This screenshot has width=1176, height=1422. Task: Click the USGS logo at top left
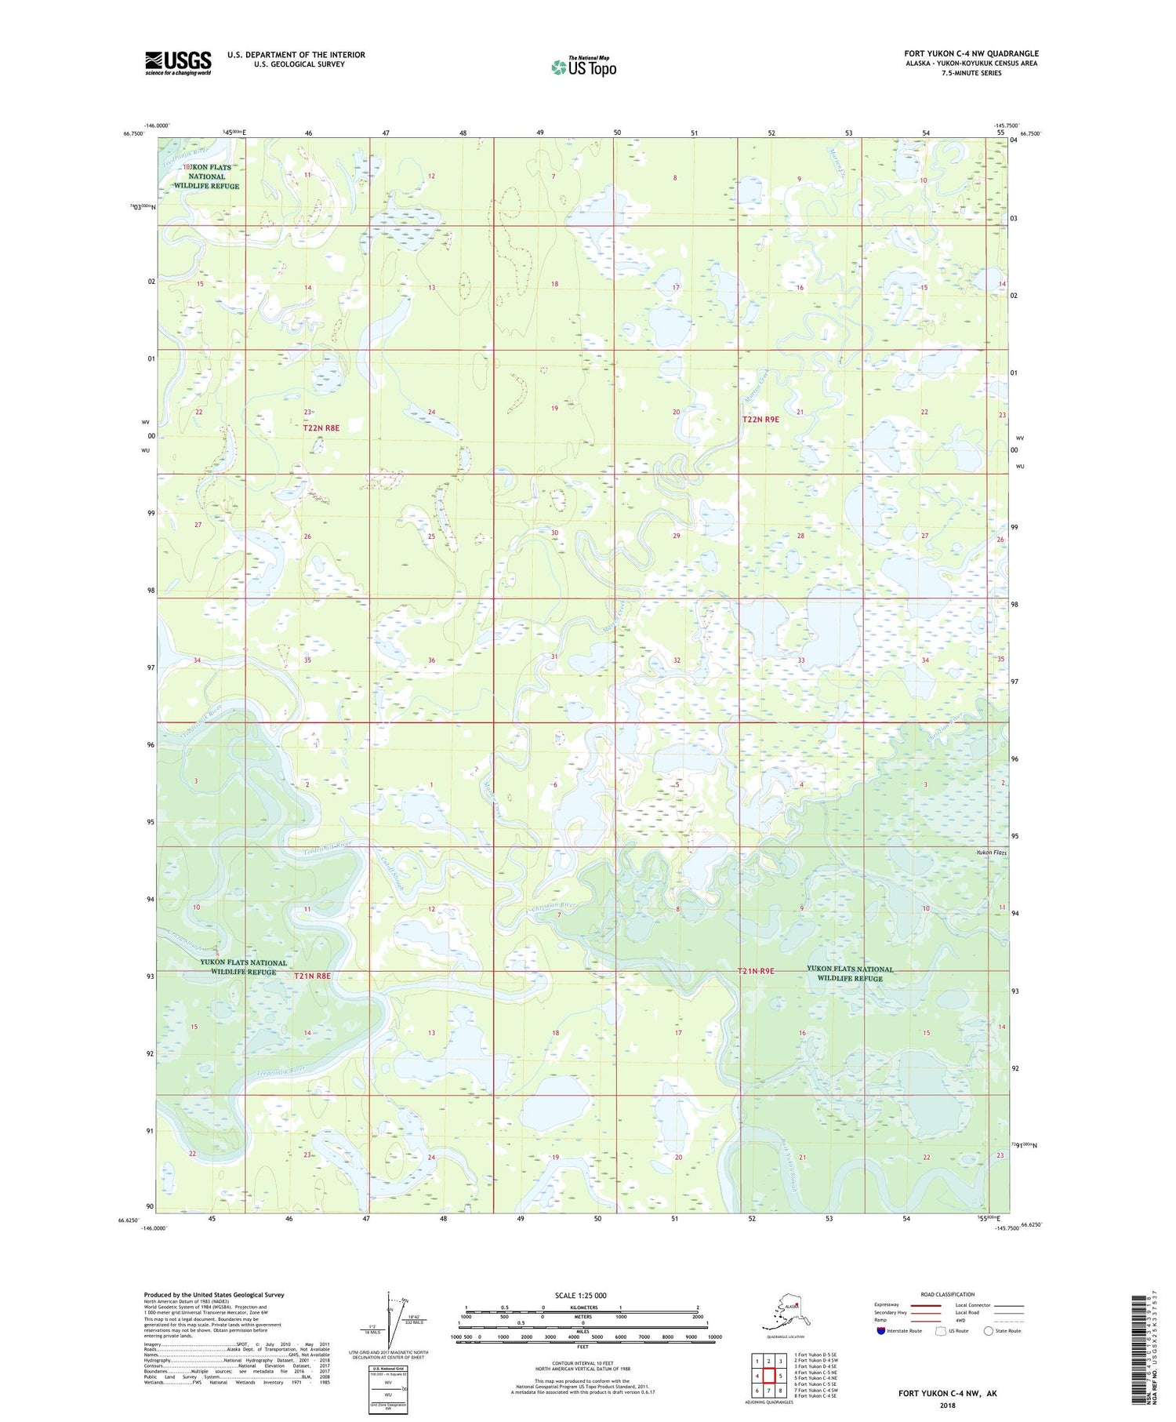[x=178, y=63]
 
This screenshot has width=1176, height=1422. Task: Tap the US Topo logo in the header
[x=583, y=67]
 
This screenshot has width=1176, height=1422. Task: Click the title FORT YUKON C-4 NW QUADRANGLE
[x=971, y=53]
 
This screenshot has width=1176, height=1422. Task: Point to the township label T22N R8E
[x=321, y=427]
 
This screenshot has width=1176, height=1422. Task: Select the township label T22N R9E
[x=760, y=420]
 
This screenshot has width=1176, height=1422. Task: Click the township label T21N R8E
[x=313, y=976]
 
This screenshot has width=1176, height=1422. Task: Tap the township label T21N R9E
[x=756, y=971]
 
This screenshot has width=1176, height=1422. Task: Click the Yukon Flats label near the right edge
[x=991, y=853]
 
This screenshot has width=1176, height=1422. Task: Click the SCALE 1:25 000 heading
[x=580, y=1296]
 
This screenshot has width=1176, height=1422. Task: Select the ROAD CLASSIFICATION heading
[x=947, y=1294]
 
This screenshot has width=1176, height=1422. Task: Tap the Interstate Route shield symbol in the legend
[x=880, y=1331]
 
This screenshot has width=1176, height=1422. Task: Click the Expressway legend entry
[x=887, y=1305]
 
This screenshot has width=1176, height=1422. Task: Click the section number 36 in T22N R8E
[x=431, y=660]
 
